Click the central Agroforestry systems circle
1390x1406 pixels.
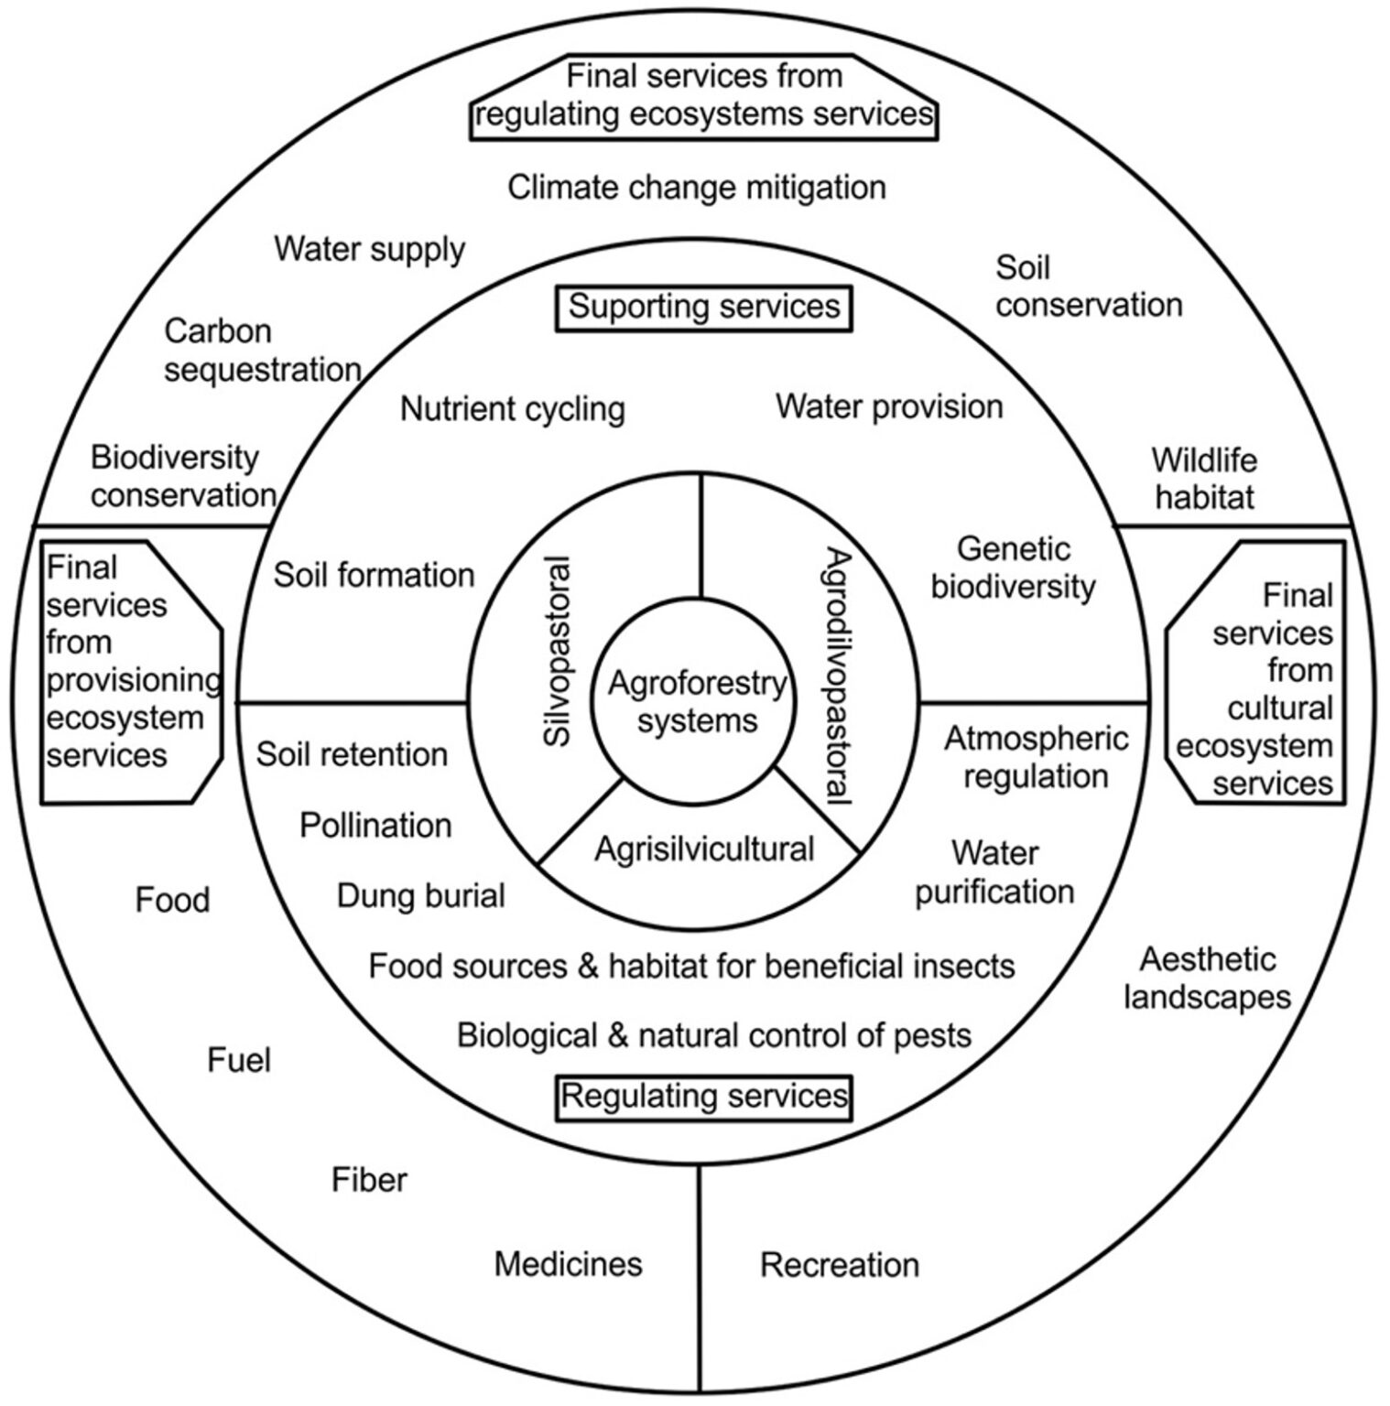[698, 702]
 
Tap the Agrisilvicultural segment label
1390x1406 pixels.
[704, 849]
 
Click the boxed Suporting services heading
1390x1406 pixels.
[704, 307]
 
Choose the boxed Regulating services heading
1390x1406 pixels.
[704, 1096]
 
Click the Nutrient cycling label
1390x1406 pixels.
[513, 409]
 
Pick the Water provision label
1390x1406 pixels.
[889, 406]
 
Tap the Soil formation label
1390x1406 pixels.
[374, 575]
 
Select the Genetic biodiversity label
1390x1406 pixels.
[1013, 568]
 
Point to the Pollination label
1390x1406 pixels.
[375, 826]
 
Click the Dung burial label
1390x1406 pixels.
[421, 895]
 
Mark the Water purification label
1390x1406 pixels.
[994, 872]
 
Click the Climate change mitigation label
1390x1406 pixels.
[697, 188]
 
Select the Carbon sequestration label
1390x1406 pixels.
[262, 351]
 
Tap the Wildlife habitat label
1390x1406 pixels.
[1204, 478]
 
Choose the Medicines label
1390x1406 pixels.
[568, 1264]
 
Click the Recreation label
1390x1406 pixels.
[840, 1265]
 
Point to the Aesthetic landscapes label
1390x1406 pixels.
[1207, 979]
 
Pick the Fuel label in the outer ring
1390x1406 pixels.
[239, 1060]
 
